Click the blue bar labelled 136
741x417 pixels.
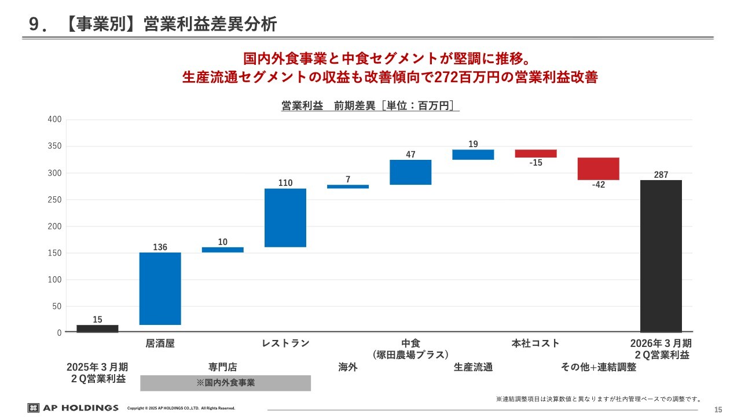pos(160,288)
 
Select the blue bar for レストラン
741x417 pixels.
pos(285,218)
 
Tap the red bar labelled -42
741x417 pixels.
pos(599,169)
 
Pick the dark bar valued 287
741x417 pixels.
pos(661,256)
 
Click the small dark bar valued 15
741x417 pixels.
pos(97,329)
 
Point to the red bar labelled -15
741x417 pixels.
pos(535,153)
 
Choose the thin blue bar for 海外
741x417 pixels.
pos(348,186)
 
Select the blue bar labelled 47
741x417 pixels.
pos(410,172)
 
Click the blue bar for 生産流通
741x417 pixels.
pos(473,155)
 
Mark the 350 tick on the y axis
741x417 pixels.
pos(54,147)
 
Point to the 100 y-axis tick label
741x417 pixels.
pos(54,280)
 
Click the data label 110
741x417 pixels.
pos(285,183)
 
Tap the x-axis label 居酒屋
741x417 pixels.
pos(160,343)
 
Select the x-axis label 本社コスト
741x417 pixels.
pos(535,343)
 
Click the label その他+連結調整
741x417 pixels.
pos(599,367)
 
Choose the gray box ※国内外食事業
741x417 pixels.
pos(225,383)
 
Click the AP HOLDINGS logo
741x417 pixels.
pos(73,408)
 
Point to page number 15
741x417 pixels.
pos(718,410)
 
